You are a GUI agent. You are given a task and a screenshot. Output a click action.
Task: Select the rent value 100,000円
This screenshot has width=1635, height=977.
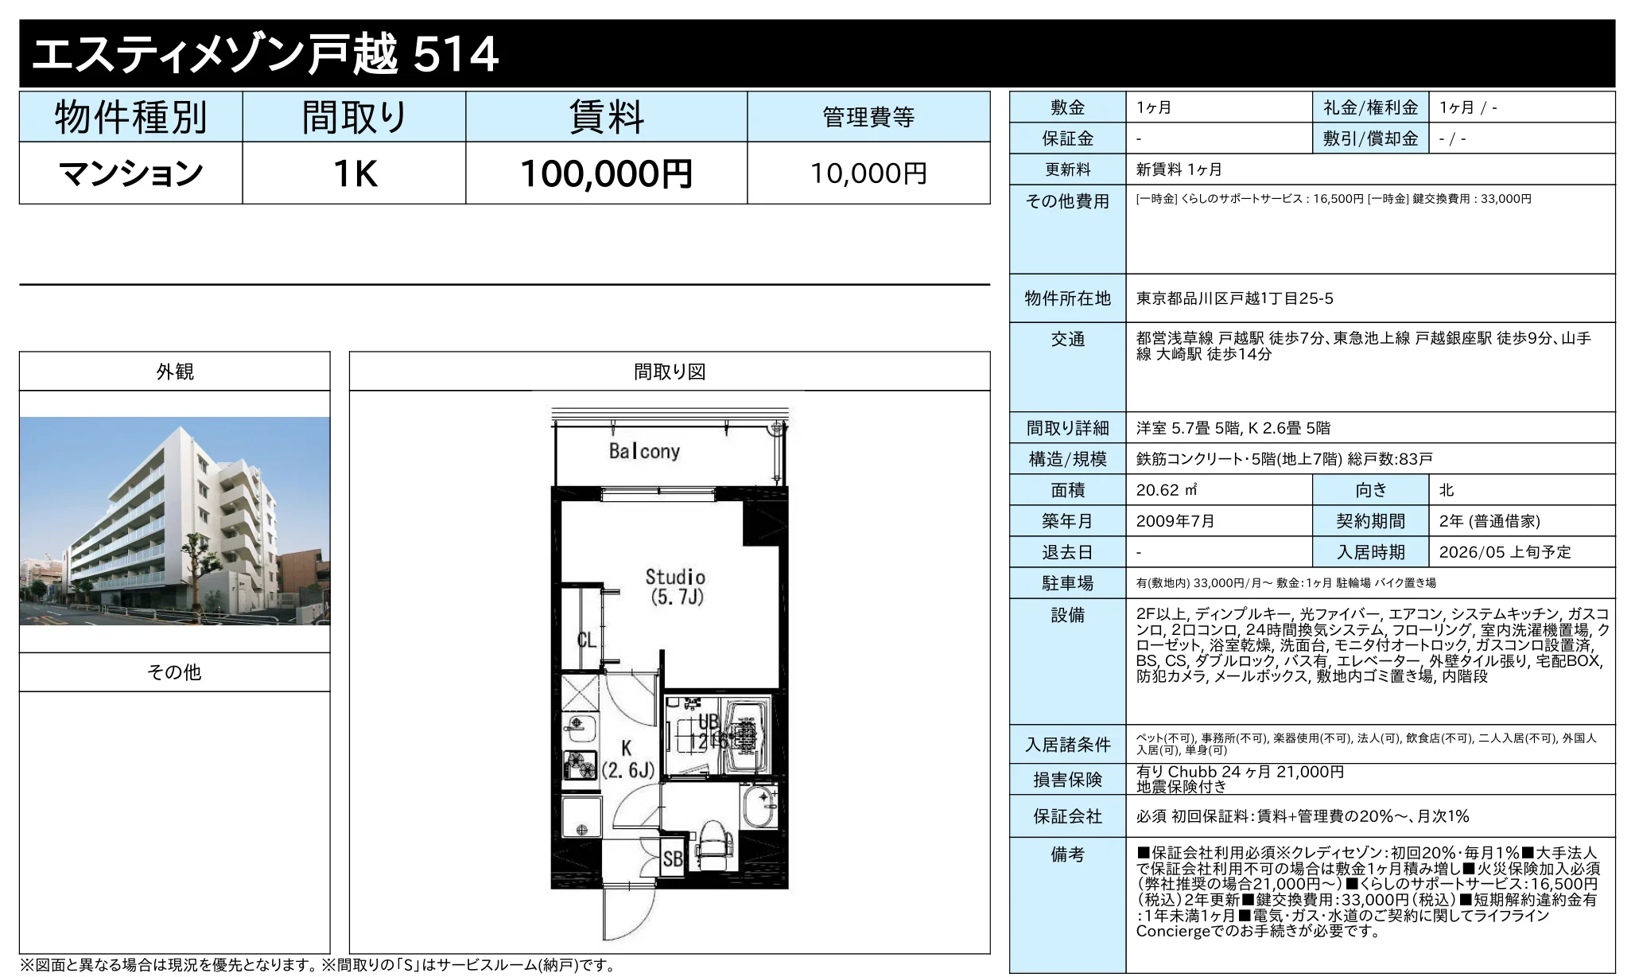point(606,173)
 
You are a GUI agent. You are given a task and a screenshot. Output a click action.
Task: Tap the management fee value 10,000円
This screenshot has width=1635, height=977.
point(868,173)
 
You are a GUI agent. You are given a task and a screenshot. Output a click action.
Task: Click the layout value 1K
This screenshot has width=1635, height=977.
point(354,173)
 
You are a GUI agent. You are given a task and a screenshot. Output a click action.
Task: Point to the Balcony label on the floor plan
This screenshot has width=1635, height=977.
point(644,452)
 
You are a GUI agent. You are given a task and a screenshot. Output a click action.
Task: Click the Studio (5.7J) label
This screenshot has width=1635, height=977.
point(675,587)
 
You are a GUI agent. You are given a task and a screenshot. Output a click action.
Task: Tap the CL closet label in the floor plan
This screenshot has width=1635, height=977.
point(586,640)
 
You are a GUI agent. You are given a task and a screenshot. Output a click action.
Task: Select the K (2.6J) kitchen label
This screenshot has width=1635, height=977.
point(627,759)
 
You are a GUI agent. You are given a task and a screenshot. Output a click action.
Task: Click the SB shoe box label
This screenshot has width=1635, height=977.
point(673,859)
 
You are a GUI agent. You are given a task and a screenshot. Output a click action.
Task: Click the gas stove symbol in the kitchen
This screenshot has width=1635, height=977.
point(580,765)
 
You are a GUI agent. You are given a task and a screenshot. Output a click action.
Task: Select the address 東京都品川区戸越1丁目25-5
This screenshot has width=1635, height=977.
point(1234,298)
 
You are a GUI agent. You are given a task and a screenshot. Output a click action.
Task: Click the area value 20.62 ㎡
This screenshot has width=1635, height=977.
point(1167,490)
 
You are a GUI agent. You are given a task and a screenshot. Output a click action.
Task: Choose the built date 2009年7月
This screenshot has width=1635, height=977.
point(1175,521)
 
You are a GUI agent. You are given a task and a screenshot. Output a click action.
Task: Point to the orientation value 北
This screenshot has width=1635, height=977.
point(1447,490)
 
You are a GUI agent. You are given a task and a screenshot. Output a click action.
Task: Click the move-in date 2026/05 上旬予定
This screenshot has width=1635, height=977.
point(1505,552)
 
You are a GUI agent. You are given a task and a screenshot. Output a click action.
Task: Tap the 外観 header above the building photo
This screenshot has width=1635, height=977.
point(175,372)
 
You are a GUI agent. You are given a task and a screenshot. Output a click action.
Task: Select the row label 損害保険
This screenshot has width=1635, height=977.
point(1067,780)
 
